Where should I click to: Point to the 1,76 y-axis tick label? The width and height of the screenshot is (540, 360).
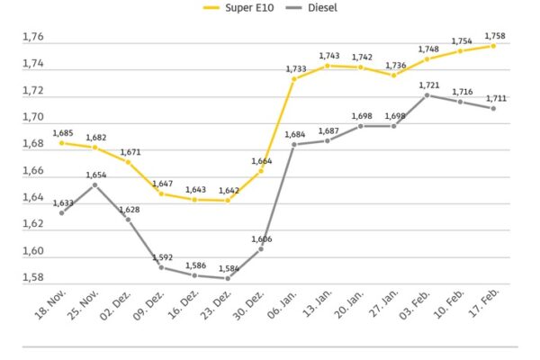32,38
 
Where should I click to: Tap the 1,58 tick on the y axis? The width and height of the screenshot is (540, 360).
32,277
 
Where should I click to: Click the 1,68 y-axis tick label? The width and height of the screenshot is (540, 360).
32,144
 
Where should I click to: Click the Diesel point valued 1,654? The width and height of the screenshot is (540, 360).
94,184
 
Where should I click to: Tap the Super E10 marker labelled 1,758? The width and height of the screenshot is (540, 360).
495,46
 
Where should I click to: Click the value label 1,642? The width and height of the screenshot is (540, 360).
229,191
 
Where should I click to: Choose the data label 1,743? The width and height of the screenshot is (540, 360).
328,56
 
